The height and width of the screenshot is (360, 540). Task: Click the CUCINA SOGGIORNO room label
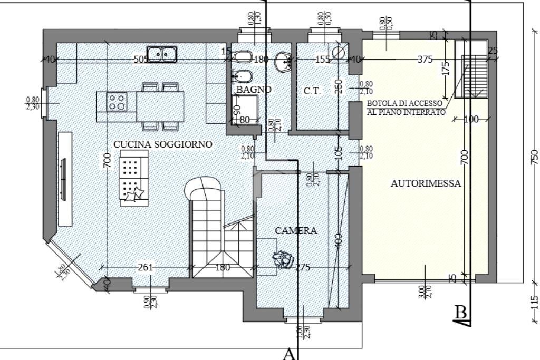[x=163, y=144]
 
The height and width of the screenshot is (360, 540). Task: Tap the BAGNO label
[x=254, y=90]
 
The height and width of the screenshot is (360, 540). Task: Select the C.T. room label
[x=312, y=91]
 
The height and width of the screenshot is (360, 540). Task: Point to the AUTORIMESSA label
[x=426, y=184]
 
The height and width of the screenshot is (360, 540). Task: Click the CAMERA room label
[x=296, y=230]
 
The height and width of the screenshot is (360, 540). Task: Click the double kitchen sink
[x=162, y=54]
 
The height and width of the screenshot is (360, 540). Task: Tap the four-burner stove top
[x=117, y=101]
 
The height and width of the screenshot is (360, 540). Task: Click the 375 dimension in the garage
[x=425, y=60]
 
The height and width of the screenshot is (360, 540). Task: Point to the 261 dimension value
[x=145, y=267]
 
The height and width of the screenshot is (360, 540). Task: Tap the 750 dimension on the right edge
[x=535, y=157]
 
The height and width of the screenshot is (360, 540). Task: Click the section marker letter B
[x=461, y=313]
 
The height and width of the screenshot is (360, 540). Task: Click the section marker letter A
[x=288, y=353]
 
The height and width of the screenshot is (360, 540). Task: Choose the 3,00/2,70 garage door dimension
[x=425, y=291]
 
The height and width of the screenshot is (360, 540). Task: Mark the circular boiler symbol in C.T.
[x=339, y=51]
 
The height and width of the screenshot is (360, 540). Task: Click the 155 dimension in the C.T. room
[x=322, y=60]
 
